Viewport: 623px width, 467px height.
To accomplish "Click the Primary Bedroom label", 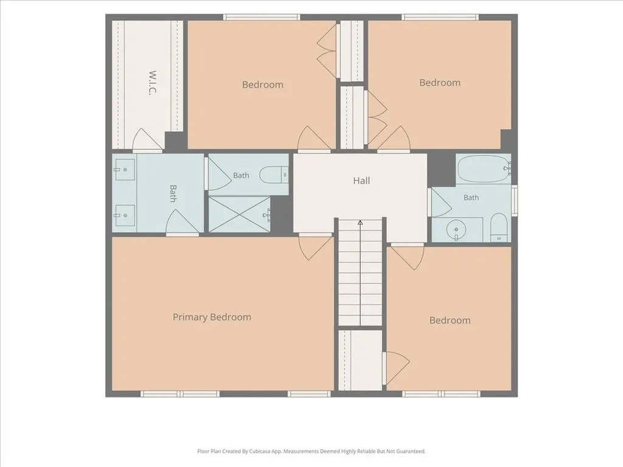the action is pos(212,317).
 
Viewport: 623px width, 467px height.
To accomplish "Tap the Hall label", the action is pos(361,181).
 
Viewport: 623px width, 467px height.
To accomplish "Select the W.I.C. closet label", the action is pos(152,83).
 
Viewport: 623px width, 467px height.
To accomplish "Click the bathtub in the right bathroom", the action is pos(484,169).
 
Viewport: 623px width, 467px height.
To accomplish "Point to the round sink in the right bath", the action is pos(456,229).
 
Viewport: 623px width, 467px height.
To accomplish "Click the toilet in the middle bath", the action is pos(274,175).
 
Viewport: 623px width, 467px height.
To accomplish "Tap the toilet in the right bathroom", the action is pos(499,227).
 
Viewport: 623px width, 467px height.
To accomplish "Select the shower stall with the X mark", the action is pos(240,214).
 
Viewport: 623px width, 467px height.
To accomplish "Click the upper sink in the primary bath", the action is pos(124,170).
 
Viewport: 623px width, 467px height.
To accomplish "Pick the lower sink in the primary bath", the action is pos(124,216).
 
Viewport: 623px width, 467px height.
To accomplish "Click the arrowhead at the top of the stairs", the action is pos(360,223).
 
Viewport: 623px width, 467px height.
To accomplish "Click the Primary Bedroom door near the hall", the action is pos(315,248).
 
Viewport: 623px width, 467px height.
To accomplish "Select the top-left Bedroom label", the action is pos(263,85).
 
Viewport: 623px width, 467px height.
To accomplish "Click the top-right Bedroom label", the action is pos(440,83).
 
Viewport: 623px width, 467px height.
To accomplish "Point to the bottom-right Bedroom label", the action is pos(450,320).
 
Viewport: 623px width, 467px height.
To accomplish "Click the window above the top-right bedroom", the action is pos(440,17).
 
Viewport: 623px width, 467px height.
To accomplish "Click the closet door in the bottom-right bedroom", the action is pos(397,368).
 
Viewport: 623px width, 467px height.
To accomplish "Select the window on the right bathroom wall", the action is pos(514,201).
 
